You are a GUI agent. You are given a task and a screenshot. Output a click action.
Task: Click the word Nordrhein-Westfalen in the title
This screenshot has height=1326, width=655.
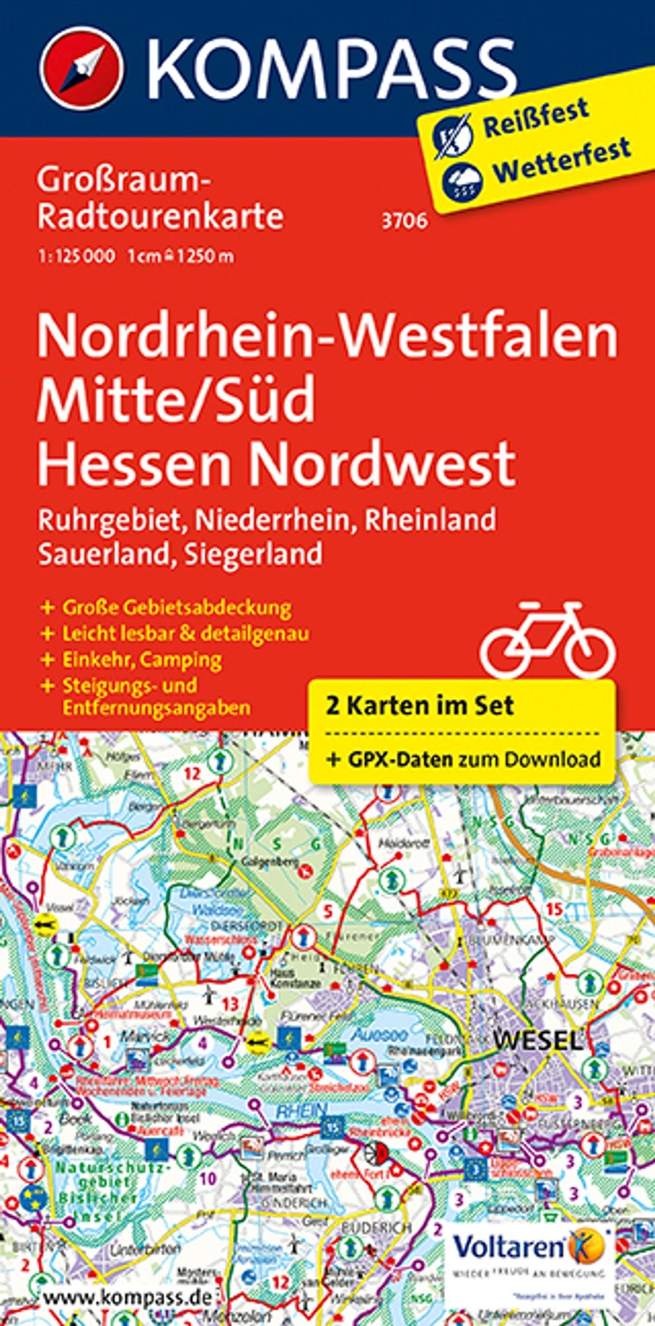(327, 336)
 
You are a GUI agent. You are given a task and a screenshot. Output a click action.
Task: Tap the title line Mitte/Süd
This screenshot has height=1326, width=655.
(176, 399)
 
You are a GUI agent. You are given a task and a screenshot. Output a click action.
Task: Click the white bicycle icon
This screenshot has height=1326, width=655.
(548, 640)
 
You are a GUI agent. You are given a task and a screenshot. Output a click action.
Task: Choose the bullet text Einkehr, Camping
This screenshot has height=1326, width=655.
(142, 660)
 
